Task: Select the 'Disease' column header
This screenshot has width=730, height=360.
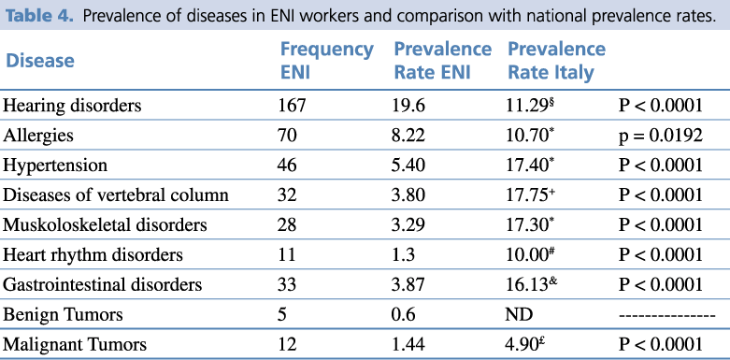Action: tap(39, 61)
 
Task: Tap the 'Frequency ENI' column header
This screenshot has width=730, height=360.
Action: tap(326, 61)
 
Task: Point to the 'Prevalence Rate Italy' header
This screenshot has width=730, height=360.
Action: tap(556, 61)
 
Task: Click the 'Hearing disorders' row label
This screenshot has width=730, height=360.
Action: tap(72, 106)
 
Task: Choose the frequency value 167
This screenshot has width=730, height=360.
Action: tap(292, 106)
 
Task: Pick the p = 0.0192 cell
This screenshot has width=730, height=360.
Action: tap(660, 136)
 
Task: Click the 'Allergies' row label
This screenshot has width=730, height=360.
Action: tap(38, 136)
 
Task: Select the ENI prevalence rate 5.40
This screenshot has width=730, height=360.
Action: tap(409, 166)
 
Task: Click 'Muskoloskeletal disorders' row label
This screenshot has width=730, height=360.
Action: tap(105, 225)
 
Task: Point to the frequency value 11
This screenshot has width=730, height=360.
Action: tap(287, 254)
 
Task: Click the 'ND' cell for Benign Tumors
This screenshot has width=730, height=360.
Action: tap(520, 315)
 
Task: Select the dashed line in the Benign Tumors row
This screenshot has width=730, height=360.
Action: tap(666, 315)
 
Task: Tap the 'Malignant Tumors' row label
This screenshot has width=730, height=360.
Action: tap(75, 345)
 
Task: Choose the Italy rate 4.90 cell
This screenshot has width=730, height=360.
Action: tap(526, 344)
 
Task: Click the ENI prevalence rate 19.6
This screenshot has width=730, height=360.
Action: tap(409, 106)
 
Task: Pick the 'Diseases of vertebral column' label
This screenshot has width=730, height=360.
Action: tap(116, 194)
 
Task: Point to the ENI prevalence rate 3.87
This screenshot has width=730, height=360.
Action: tap(409, 284)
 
